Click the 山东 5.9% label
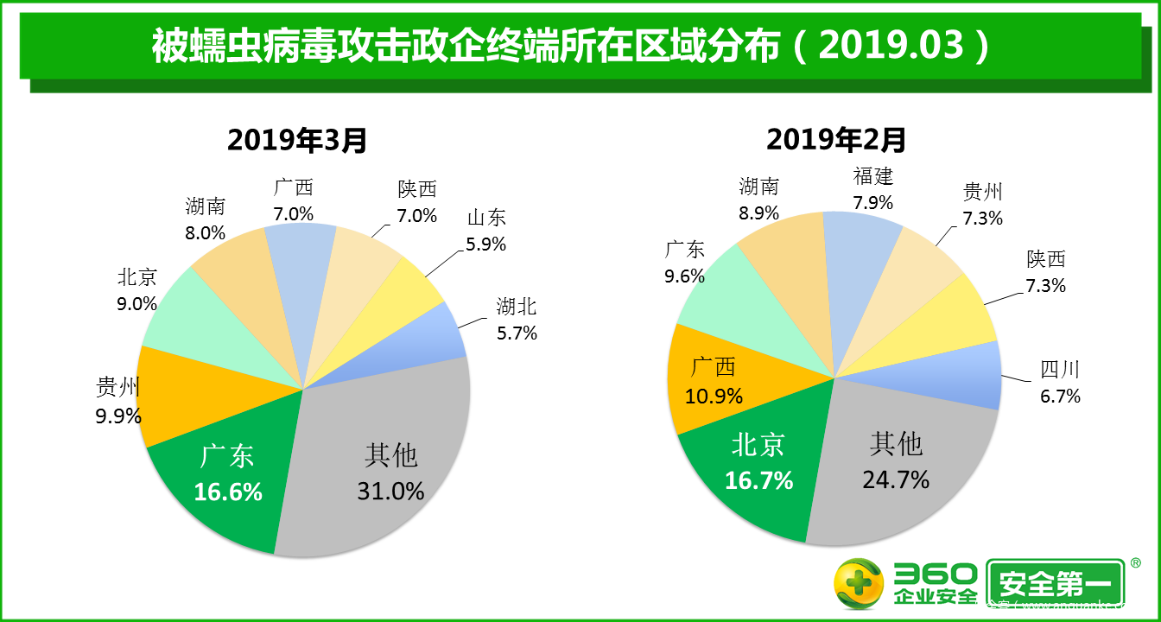(x=486, y=231)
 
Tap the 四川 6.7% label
(x=1061, y=383)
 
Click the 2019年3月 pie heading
(x=297, y=139)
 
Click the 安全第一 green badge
(x=1055, y=584)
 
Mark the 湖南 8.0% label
(x=205, y=219)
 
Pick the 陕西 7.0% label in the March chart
(x=417, y=202)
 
